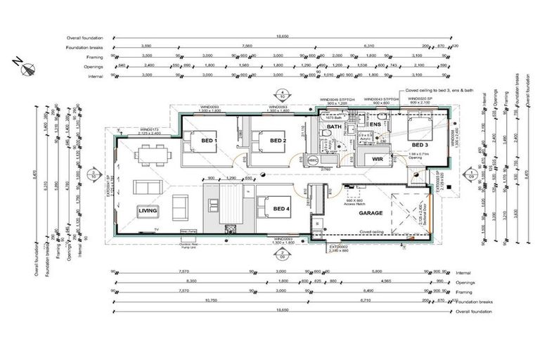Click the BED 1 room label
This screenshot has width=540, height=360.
210,141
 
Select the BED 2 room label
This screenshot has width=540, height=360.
278,141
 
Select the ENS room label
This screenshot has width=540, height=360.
375,124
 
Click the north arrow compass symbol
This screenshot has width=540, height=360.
29,69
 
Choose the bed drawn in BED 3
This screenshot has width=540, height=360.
409,130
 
